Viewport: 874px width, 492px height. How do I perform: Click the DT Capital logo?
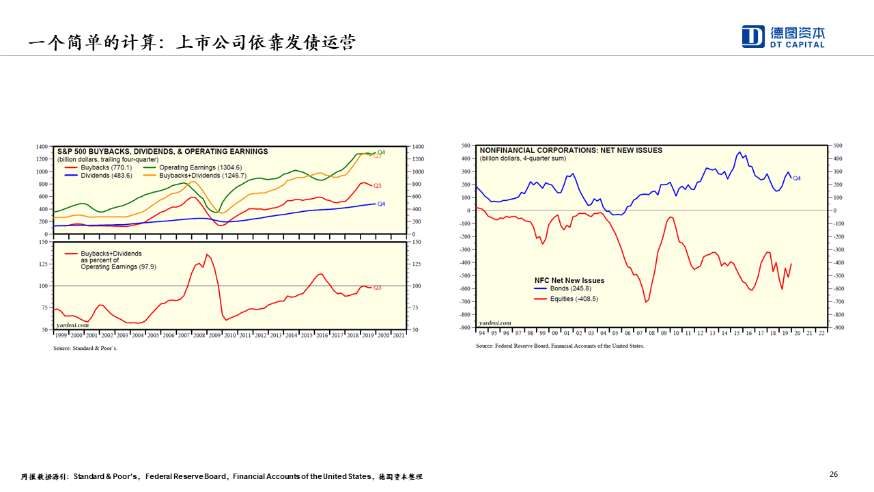(783, 36)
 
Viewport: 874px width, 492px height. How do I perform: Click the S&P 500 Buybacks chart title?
(163, 152)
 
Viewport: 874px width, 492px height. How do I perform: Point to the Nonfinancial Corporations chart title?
(571, 150)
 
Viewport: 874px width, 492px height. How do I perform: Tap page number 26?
(834, 474)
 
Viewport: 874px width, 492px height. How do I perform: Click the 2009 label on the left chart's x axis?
(214, 336)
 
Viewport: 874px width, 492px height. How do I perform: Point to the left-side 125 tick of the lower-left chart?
(43, 264)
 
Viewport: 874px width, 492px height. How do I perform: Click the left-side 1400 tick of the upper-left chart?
(42, 147)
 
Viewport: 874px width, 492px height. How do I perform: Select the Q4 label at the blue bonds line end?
(797, 178)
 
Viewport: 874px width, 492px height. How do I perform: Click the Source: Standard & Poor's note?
(85, 348)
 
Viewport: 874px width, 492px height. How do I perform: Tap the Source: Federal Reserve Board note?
(560, 346)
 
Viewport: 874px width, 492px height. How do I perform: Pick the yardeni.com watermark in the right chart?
(495, 323)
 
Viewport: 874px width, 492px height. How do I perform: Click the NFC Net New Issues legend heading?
(569, 280)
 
